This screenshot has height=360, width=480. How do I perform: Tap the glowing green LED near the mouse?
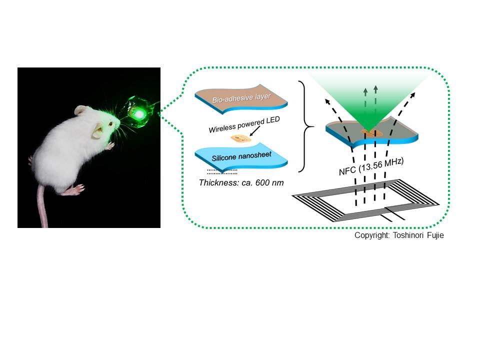138,114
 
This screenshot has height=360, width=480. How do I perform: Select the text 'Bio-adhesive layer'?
241,97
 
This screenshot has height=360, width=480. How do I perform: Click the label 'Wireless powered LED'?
244,124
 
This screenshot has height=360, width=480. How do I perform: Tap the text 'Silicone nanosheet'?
241,156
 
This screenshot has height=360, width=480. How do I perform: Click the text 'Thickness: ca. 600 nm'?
241,183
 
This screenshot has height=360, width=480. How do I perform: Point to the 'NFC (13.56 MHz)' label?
371,166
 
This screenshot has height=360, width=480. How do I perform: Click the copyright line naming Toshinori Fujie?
399,235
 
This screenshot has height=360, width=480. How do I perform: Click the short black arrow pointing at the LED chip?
254,131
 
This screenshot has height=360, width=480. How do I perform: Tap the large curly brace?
306,126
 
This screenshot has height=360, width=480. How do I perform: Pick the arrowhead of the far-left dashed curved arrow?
327,101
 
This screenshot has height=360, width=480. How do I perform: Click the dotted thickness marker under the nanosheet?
222,171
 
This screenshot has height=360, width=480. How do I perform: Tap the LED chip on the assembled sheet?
371,133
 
